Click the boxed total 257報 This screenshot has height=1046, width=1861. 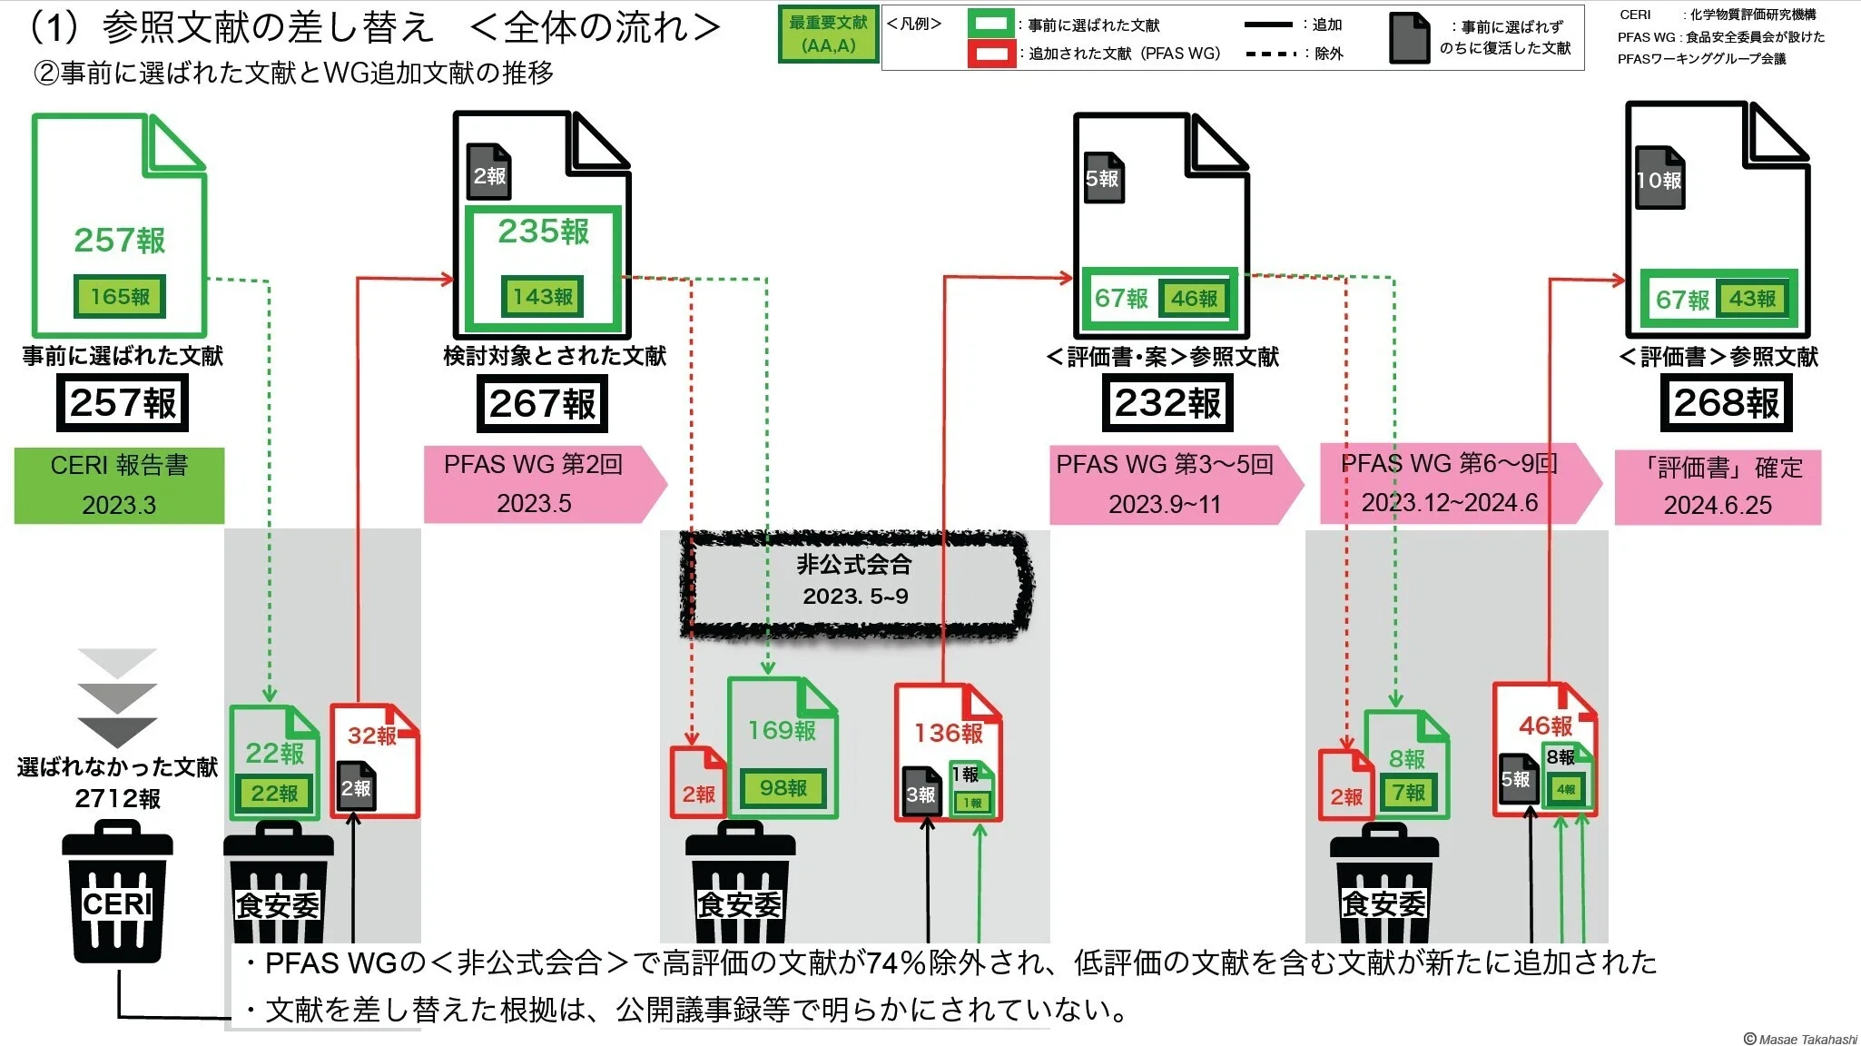(x=123, y=403)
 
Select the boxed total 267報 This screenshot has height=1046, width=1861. (x=542, y=404)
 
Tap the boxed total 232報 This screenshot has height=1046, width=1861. (x=1167, y=403)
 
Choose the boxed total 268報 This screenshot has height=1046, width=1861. (x=1727, y=403)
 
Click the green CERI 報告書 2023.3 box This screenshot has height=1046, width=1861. (x=119, y=485)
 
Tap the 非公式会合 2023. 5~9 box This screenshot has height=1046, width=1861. (x=855, y=580)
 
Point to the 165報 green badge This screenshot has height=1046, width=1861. (x=120, y=296)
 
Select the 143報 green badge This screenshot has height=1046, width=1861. (x=543, y=296)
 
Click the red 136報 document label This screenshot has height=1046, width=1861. (x=948, y=733)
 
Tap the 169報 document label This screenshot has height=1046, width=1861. (x=782, y=730)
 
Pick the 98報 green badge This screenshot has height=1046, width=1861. (x=783, y=788)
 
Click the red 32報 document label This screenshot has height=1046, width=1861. (x=372, y=735)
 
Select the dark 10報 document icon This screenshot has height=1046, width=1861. (x=1659, y=180)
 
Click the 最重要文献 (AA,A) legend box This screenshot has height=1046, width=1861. (x=828, y=35)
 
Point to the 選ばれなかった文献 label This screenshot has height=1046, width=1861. (x=117, y=767)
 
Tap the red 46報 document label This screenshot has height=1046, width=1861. (x=1545, y=725)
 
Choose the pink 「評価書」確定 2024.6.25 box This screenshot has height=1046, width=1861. (x=1718, y=487)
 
